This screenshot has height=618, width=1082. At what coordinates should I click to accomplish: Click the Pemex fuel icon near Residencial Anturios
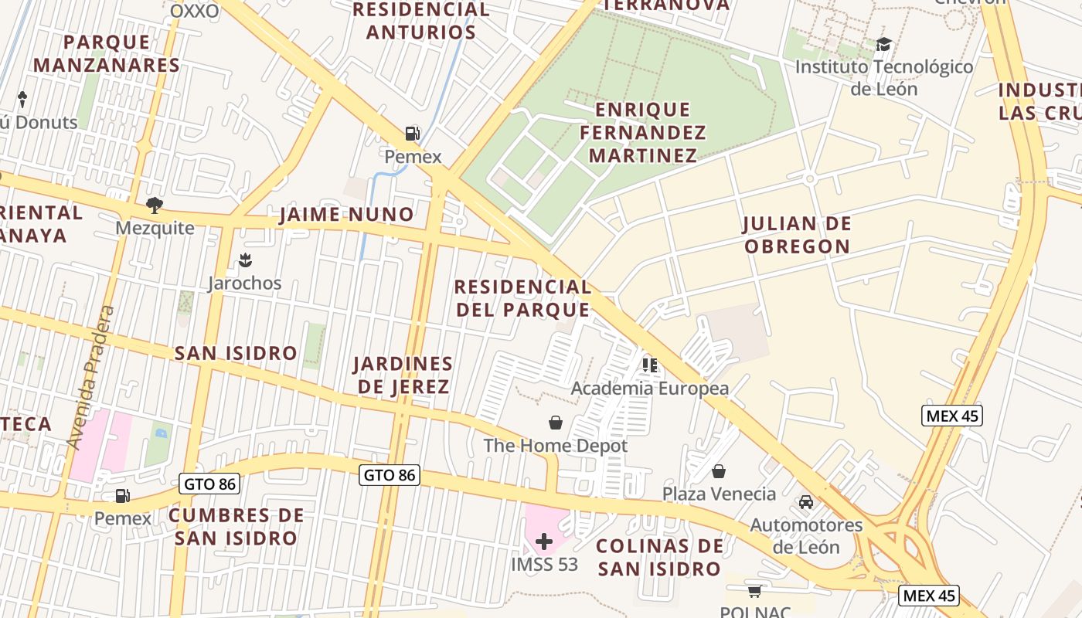point(413,134)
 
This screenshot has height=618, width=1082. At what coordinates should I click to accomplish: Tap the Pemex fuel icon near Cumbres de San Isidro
point(122,495)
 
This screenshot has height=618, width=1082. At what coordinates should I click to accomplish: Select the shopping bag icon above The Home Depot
point(555,422)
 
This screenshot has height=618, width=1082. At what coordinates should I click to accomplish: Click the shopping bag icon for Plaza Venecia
point(719,470)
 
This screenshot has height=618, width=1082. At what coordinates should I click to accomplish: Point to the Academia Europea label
point(649,388)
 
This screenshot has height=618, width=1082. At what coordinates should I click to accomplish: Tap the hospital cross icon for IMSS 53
point(544,541)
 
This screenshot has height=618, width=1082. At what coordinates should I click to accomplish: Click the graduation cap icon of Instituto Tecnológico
point(883,44)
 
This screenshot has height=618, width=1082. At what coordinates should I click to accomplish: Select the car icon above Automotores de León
point(806,501)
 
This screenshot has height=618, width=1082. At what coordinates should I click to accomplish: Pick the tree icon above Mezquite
point(155,205)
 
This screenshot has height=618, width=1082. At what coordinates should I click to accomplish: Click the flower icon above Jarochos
point(245,260)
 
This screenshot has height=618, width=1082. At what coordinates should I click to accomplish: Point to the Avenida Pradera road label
point(91,378)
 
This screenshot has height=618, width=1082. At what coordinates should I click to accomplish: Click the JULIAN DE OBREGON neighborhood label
point(796,235)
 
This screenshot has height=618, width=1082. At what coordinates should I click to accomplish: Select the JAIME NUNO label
point(346,214)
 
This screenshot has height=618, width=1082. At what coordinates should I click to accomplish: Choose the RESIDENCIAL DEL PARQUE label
point(522,298)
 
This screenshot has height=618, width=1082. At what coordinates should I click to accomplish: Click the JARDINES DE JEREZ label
point(403,375)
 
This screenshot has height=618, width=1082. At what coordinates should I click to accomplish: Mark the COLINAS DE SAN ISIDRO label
point(659,557)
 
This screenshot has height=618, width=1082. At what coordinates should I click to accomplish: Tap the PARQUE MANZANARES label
point(107,53)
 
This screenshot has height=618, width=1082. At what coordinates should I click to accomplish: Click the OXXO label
point(194,11)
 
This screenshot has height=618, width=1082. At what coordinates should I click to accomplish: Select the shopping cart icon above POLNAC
point(754,591)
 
